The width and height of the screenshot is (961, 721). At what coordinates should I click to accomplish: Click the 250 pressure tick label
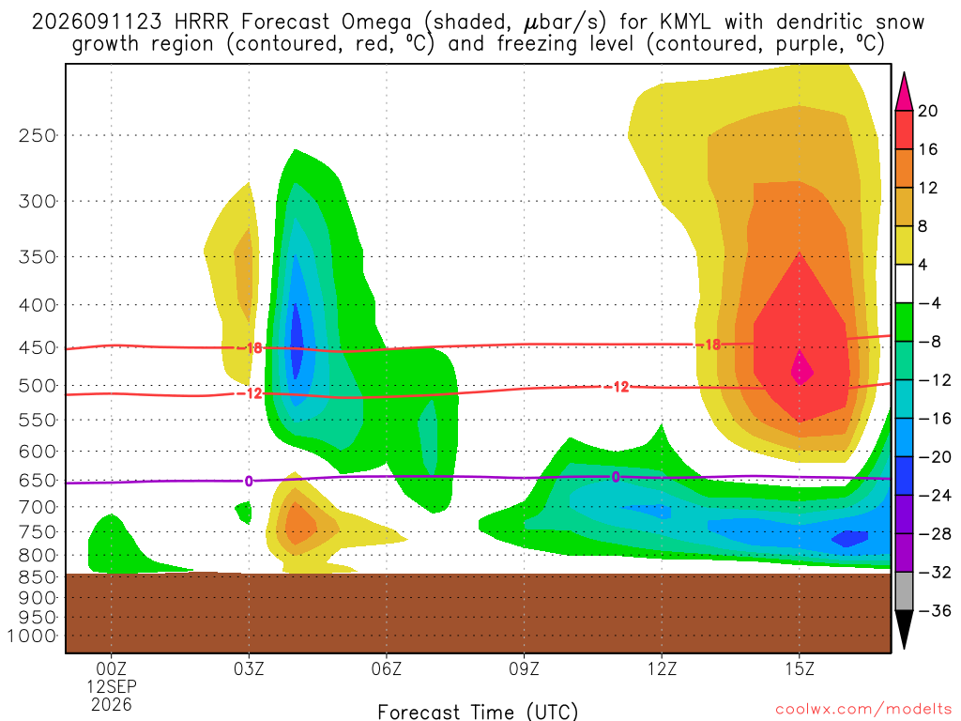click(38, 135)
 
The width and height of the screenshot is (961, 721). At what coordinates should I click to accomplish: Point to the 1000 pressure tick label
click(32, 637)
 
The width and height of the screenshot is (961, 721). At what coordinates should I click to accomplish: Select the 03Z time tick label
click(249, 668)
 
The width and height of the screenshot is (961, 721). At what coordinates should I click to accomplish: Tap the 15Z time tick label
click(800, 668)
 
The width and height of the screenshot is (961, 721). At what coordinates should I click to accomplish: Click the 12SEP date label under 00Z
click(111, 686)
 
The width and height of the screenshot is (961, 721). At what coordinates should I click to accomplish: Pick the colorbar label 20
click(928, 111)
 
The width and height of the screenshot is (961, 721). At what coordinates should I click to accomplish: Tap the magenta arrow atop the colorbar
click(904, 92)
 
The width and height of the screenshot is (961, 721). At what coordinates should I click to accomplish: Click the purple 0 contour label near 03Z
click(248, 482)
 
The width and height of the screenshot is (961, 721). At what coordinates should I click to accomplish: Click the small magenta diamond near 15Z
click(801, 368)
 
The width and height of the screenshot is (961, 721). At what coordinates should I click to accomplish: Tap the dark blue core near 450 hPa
click(297, 341)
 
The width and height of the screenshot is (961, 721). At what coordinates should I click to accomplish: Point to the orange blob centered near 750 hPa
click(297, 522)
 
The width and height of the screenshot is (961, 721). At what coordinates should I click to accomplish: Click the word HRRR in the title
click(202, 23)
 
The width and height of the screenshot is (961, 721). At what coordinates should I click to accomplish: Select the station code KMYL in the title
click(685, 23)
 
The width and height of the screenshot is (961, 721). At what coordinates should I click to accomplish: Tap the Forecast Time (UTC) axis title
click(478, 712)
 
